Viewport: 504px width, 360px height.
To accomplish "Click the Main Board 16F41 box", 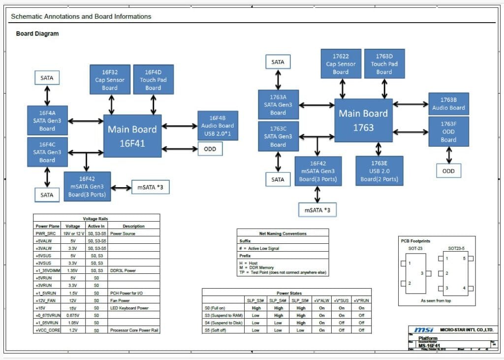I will coord(132,136).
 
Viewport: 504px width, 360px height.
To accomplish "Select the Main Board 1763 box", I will coord(364,120).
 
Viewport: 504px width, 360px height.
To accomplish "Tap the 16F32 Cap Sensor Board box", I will coord(110,79).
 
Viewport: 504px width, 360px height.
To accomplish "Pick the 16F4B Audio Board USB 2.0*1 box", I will coord(218,126).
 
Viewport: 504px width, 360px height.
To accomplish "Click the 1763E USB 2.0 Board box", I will coord(379,170).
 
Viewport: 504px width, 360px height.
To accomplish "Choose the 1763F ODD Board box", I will coord(448,131).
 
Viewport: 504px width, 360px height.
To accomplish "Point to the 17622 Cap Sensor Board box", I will coord(341,64).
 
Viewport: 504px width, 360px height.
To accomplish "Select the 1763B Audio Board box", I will coord(448,104).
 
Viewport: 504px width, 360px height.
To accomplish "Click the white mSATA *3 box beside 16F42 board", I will coord(150,187).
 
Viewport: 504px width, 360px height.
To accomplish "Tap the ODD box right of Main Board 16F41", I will coord(210,149).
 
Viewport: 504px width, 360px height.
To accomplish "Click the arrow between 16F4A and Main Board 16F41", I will coord(85,121).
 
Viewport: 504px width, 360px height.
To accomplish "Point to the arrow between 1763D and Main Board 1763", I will coord(384,88).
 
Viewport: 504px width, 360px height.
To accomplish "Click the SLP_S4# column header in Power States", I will coord(279,300).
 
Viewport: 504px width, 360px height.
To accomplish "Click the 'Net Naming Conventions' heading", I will coord(283,233).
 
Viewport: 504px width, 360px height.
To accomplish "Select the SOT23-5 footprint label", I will coord(457,249).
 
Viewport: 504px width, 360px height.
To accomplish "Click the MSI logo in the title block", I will coord(424,330).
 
